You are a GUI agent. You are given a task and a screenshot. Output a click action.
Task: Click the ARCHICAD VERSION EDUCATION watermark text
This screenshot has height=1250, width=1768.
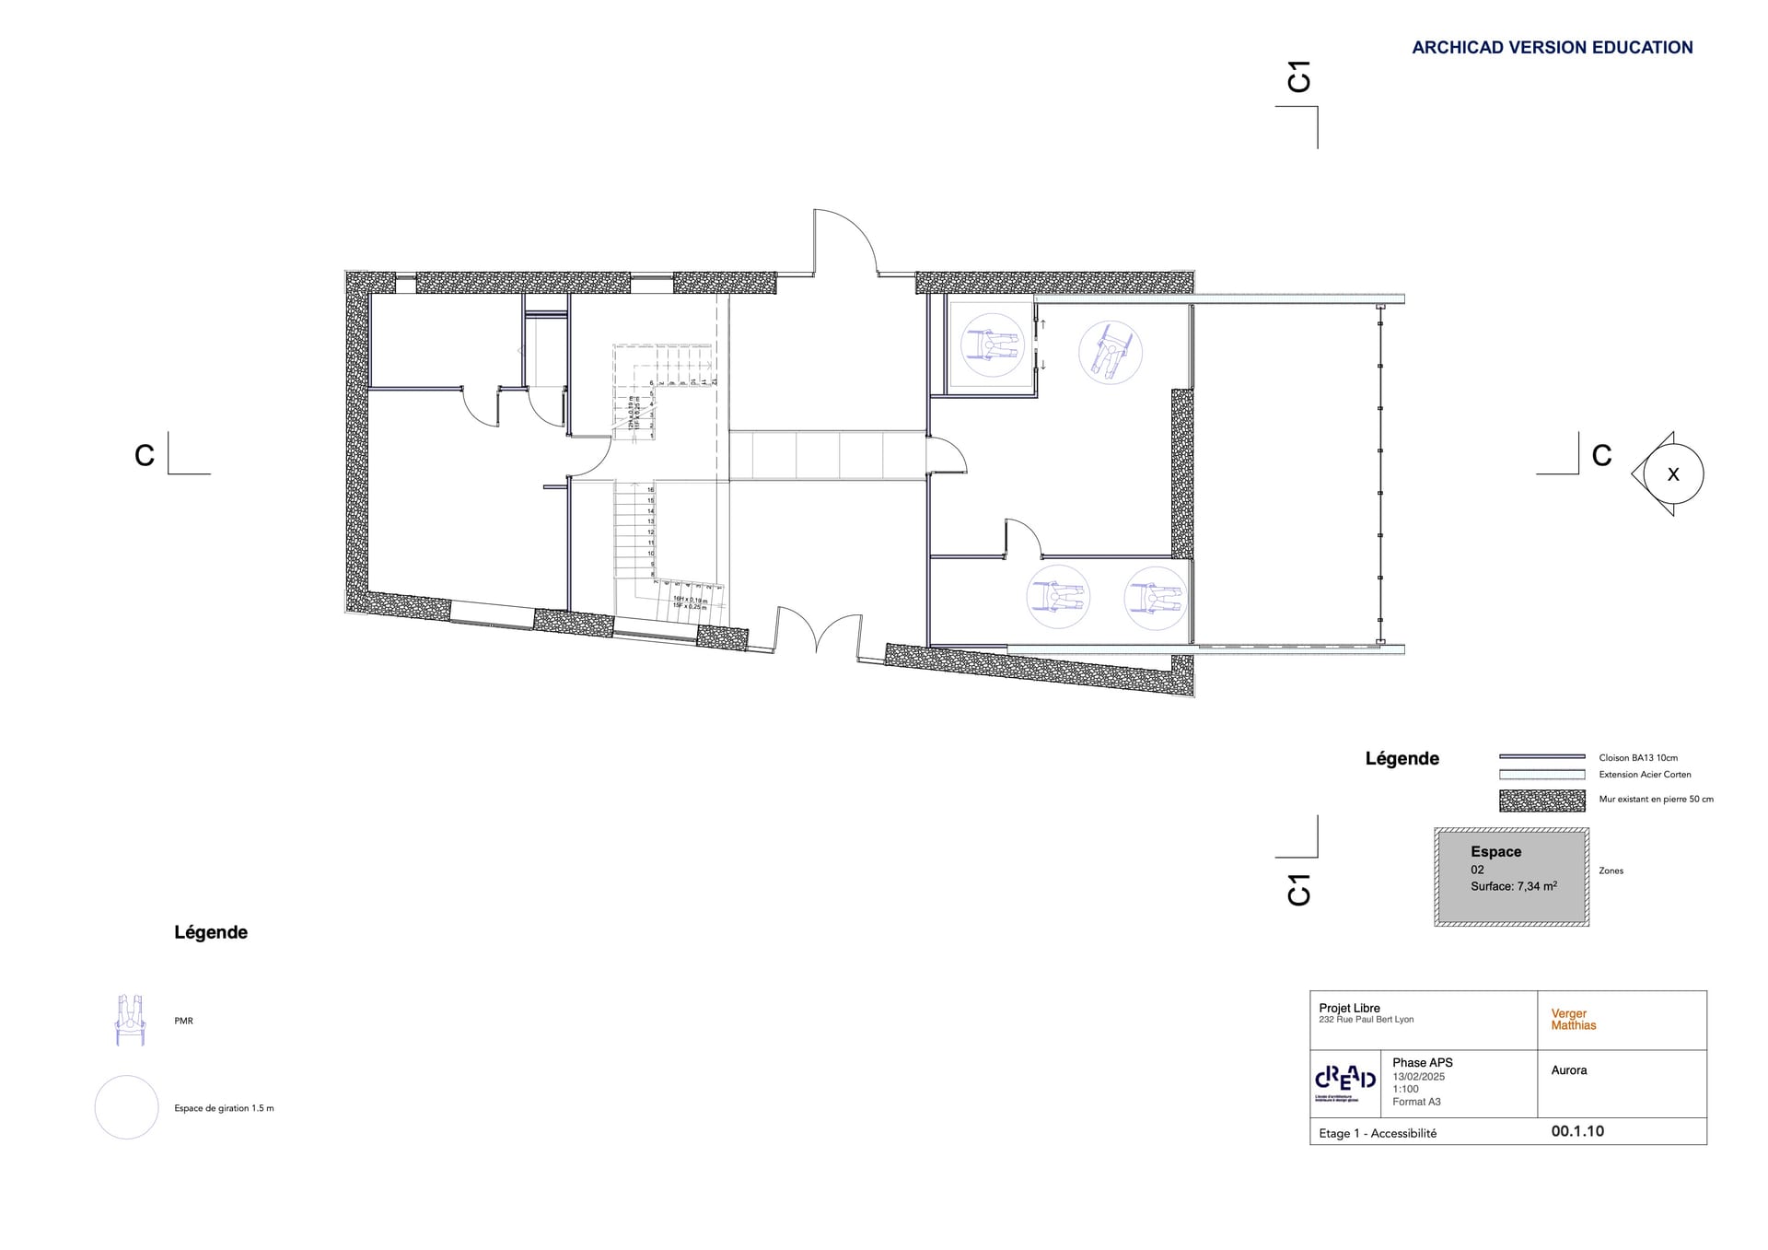(1552, 48)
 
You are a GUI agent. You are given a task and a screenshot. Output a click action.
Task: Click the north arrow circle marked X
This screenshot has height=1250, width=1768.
(1672, 474)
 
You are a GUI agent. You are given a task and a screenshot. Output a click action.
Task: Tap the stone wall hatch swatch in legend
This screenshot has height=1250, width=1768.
(1541, 800)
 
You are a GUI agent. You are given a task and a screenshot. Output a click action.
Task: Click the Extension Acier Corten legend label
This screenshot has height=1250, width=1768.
(1645, 775)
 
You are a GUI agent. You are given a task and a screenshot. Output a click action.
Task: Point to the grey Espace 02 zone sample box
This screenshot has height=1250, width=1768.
(1511, 876)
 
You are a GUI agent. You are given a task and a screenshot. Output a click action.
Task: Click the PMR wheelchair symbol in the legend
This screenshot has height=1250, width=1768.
(130, 1020)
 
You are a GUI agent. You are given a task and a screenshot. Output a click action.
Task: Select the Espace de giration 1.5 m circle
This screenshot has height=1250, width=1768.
(127, 1107)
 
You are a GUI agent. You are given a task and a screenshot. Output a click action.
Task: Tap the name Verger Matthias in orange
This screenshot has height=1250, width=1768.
(1573, 1019)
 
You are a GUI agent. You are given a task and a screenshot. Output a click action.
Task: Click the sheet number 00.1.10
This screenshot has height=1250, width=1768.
(1576, 1131)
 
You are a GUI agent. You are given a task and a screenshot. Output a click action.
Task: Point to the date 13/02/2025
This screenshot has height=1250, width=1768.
(1418, 1076)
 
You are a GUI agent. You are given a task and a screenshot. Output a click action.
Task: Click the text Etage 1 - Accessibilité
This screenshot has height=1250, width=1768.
(1377, 1133)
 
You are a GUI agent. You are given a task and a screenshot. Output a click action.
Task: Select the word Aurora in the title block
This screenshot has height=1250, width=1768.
(1568, 1070)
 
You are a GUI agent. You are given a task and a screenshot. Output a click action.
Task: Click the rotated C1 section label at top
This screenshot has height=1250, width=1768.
(1298, 76)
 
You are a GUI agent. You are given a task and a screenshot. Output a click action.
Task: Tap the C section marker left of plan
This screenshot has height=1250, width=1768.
(145, 456)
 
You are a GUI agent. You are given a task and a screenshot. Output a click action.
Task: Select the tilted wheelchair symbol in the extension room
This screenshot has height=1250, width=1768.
(1110, 352)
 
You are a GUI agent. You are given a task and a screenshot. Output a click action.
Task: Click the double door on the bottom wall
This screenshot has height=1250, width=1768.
(817, 631)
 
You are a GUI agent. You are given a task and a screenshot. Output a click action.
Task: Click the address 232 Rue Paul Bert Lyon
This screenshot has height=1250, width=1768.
(1366, 1020)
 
